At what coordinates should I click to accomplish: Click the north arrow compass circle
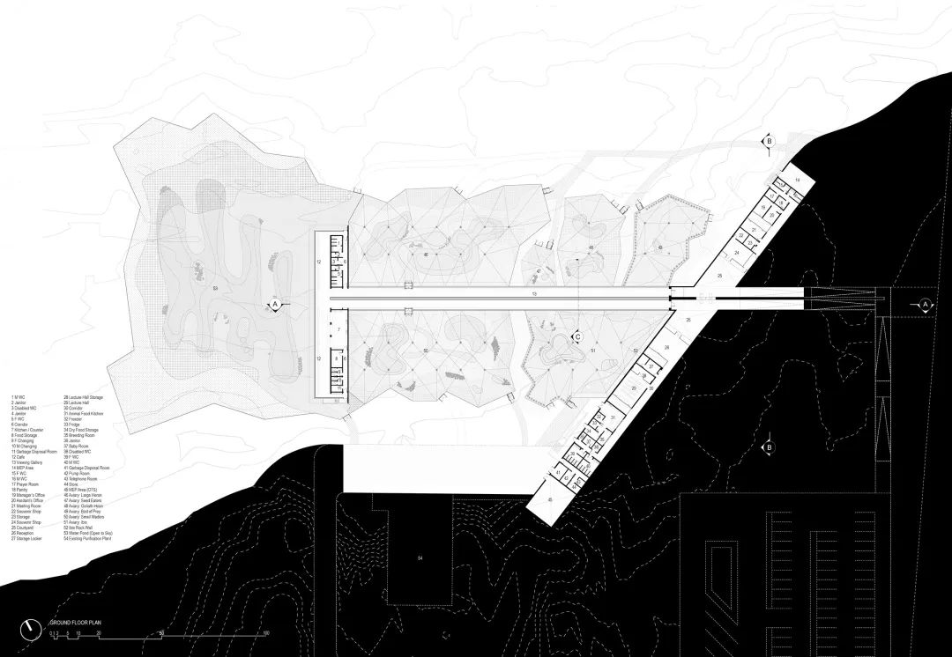point(33,627)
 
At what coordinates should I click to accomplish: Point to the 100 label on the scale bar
point(265,633)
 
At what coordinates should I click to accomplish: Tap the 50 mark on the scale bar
point(162,633)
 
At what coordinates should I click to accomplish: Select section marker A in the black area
point(925,304)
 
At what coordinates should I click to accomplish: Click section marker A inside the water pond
point(275,304)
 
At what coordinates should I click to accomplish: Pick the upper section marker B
point(769,141)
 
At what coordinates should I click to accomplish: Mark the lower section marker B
point(770,447)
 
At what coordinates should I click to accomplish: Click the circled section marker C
point(577,336)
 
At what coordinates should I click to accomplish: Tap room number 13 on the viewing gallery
point(534,293)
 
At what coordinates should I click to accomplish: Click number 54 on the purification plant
point(420,557)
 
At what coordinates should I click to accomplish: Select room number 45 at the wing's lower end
point(551,500)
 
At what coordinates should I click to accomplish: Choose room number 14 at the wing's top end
point(796,180)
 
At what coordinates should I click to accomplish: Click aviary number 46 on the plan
point(426,255)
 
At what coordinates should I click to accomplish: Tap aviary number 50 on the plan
point(426,351)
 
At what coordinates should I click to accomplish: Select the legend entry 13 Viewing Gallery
point(29,459)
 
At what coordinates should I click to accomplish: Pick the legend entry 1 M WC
point(19,398)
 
